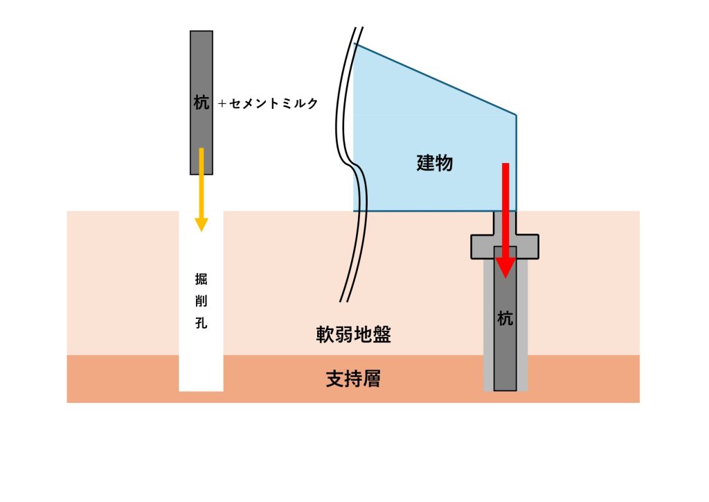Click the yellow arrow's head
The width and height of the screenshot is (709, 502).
pos(201,225)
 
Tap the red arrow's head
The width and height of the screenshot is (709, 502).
pos(505,268)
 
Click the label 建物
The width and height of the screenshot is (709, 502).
pos(435,163)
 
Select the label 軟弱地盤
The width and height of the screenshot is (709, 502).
pos(353,334)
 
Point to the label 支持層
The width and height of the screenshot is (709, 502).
pos(353,379)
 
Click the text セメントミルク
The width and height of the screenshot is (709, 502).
pos(273,104)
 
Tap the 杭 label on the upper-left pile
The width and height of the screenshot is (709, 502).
pos(201,103)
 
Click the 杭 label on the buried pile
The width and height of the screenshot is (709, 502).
pos(505,319)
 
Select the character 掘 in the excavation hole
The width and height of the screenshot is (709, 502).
pos(201,279)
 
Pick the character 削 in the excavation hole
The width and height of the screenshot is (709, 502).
pos(201,301)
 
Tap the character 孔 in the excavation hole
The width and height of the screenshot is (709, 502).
pos(201,322)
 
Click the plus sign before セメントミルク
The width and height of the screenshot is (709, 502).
pos(222,104)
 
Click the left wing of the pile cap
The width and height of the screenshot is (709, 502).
pos(483,247)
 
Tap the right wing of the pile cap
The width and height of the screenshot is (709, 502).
pos(527,247)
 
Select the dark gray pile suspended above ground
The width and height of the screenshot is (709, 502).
pos(201,103)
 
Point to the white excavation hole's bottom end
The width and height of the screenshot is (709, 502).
pos(201,390)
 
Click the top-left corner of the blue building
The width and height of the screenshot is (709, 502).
pos(354,44)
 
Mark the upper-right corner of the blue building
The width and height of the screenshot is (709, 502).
pos(516,115)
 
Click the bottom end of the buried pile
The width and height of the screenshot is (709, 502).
pos(505,390)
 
